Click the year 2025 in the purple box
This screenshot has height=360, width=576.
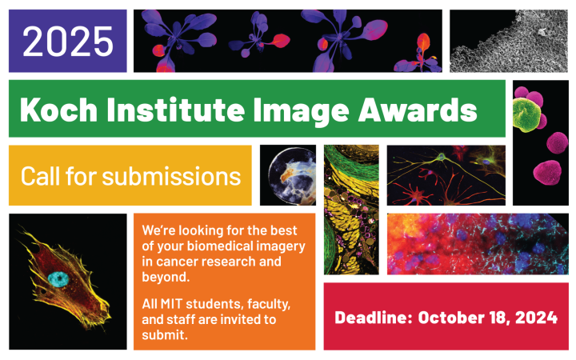67,41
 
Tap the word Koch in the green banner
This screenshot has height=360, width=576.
54,108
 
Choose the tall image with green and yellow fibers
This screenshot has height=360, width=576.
351,210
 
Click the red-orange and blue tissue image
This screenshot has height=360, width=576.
478,243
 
